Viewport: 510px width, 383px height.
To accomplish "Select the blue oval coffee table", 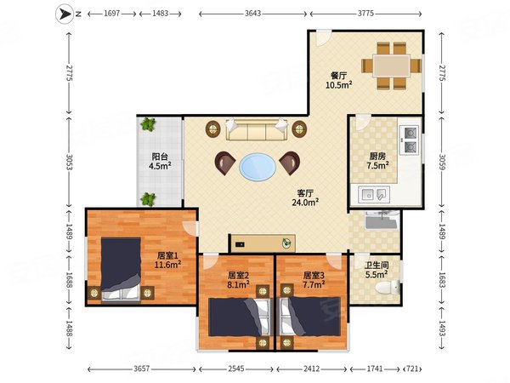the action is point(258,167).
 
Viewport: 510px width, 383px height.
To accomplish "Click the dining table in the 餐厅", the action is point(391,66).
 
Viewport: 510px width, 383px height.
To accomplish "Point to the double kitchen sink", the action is point(374,195).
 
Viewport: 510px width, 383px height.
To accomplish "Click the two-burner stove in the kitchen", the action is point(409,140).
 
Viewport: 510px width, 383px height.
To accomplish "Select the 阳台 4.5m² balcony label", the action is point(160,161).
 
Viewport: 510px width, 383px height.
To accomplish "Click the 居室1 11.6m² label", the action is point(167,260).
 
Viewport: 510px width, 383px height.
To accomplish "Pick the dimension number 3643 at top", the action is point(252,14).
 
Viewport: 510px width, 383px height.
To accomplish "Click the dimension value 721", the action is point(412,369).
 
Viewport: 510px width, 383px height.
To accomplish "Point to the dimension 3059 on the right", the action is point(442,162).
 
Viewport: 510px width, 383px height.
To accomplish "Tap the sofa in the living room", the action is point(257,129).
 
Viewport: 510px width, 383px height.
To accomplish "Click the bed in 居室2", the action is point(240,317).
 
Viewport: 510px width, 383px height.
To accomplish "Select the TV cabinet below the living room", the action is point(262,243).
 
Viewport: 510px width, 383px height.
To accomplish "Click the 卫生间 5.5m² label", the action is point(377,271).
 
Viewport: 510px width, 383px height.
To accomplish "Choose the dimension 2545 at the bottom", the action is point(236,369).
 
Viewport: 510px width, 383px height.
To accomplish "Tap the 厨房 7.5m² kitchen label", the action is point(377,161).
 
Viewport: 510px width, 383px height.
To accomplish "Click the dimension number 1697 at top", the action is point(112,14).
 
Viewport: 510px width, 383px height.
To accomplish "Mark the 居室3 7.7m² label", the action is point(314,280).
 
